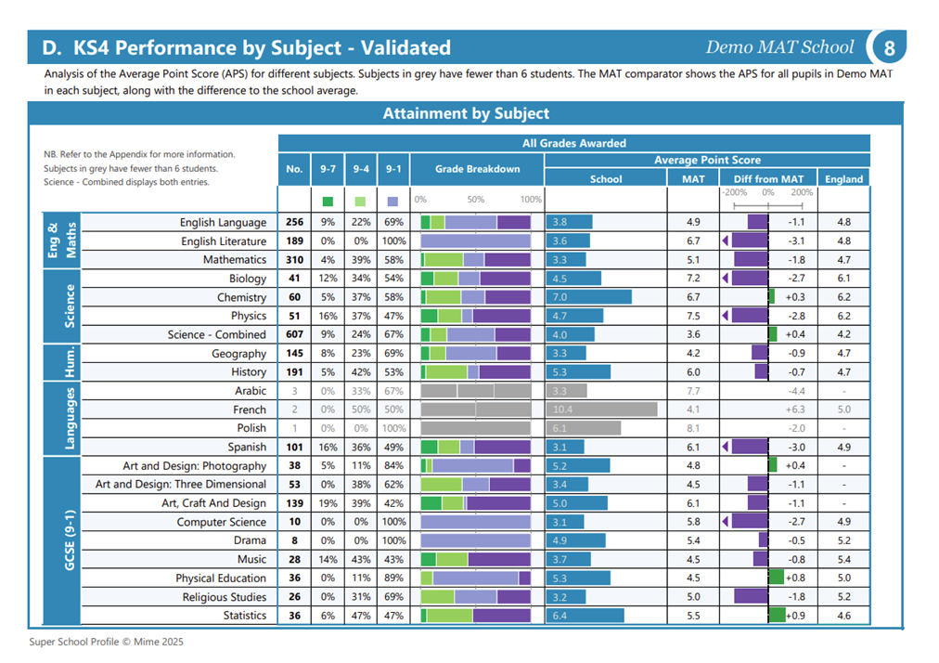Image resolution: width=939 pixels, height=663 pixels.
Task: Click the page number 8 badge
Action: pyautogui.click(x=889, y=47)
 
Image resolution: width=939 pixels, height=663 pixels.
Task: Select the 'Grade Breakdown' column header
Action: pyautogui.click(x=477, y=169)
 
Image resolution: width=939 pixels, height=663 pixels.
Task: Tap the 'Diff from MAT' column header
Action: pyautogui.click(x=768, y=178)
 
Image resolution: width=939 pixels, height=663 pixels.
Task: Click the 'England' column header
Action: pyautogui.click(x=843, y=178)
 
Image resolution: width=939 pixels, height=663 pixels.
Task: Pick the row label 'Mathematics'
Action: pyautogui.click(x=234, y=260)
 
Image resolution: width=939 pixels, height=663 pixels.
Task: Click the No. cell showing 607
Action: pyautogui.click(x=294, y=334)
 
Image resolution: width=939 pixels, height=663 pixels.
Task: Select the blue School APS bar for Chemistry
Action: pyautogui.click(x=588, y=297)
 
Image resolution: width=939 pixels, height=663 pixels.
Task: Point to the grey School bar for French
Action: pyautogui.click(x=601, y=409)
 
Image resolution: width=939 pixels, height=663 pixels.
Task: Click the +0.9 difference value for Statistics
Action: pyautogui.click(x=795, y=616)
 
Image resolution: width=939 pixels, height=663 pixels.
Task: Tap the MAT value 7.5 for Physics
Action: pyautogui.click(x=693, y=316)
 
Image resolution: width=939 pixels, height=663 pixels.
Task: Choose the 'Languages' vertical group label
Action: pyautogui.click(x=70, y=419)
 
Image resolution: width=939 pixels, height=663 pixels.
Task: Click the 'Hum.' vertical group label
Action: pyautogui.click(x=70, y=362)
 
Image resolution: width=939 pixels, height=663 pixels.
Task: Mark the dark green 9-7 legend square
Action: pyautogui.click(x=328, y=201)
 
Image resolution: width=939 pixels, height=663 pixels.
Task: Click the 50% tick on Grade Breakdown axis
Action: pyautogui.click(x=475, y=199)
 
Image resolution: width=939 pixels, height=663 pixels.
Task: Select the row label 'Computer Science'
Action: pyautogui.click(x=221, y=522)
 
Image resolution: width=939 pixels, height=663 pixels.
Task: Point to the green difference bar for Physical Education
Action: pyautogui.click(x=776, y=578)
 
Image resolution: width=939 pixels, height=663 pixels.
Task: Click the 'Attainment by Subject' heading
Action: pyautogui.click(x=466, y=113)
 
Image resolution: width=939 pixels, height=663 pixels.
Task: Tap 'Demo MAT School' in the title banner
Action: pyautogui.click(x=779, y=46)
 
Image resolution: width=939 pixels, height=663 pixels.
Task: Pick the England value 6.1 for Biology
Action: pyautogui.click(x=843, y=279)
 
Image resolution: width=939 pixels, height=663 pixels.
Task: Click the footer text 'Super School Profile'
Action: pyautogui.click(x=74, y=642)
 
